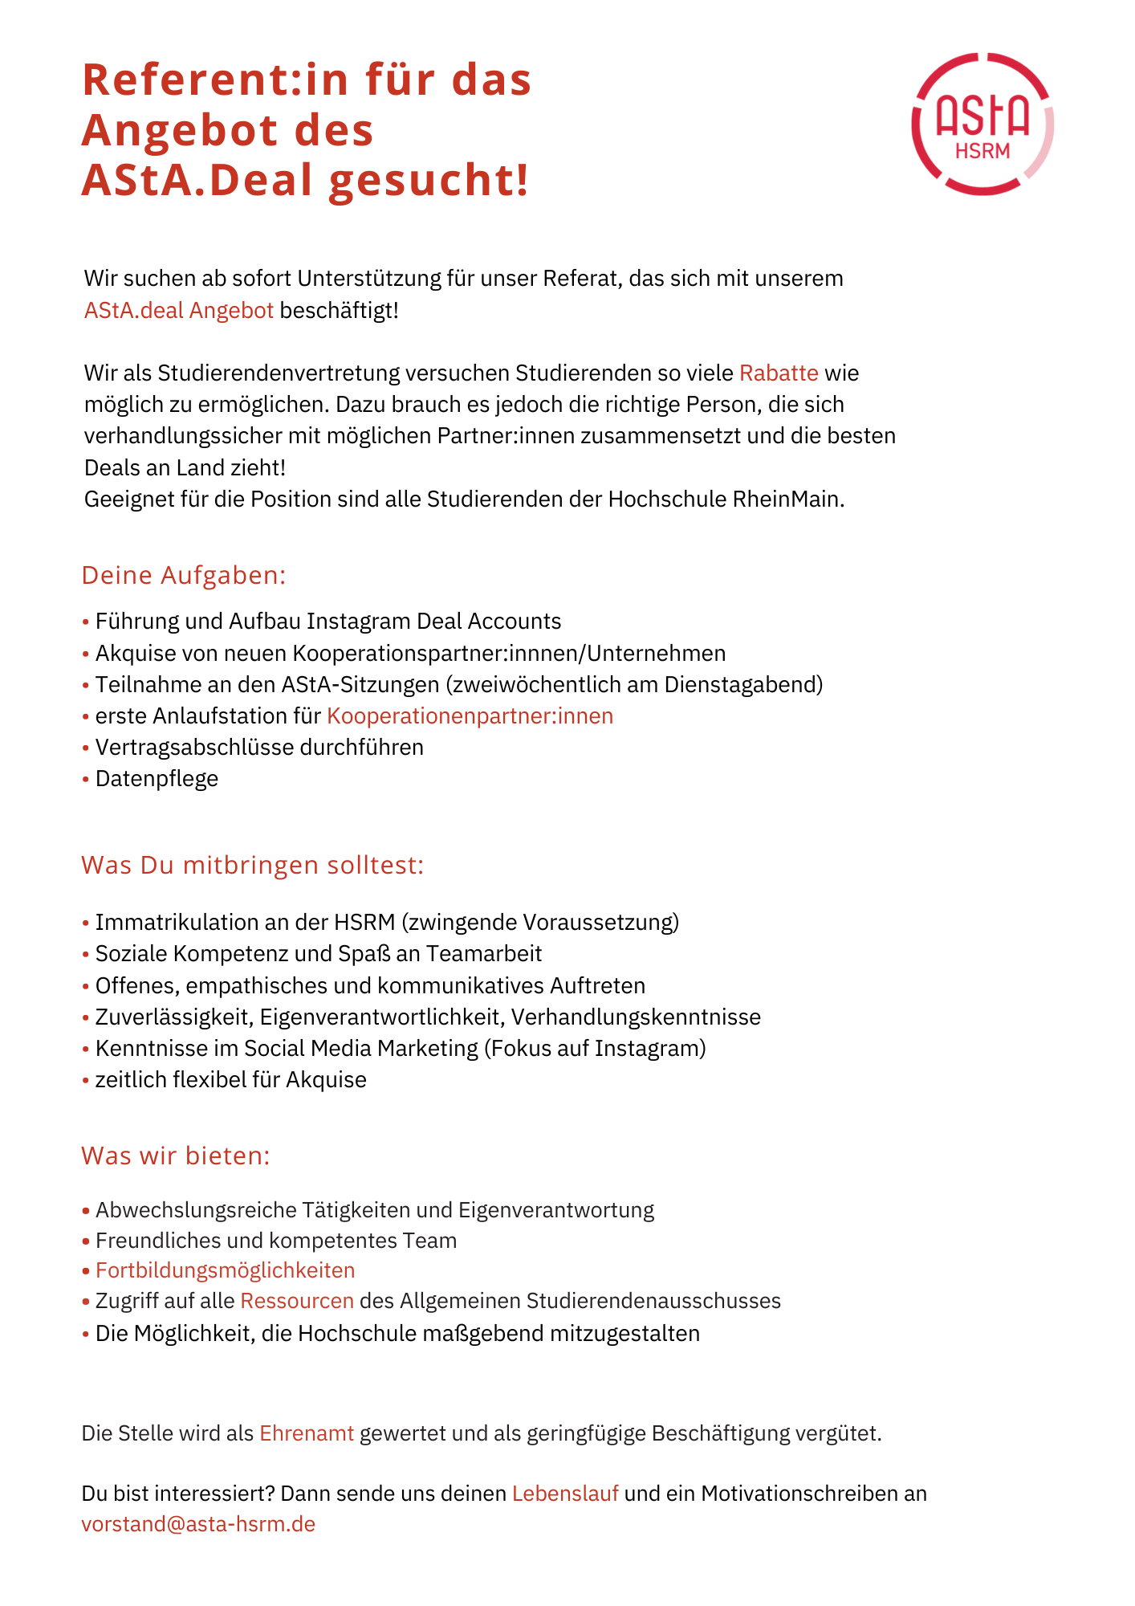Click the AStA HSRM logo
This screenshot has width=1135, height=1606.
pyautogui.click(x=982, y=124)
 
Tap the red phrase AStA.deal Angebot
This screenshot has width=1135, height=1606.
pyautogui.click(x=179, y=310)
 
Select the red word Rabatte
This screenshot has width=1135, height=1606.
pyautogui.click(x=779, y=373)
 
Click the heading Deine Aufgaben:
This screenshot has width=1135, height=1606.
pyautogui.click(x=184, y=575)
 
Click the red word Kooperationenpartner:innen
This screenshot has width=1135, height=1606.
pyautogui.click(x=470, y=715)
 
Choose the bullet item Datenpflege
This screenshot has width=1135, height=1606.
pyautogui.click(x=157, y=778)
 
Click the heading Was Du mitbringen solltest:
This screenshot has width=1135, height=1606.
pyautogui.click(x=252, y=865)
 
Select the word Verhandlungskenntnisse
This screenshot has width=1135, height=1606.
pyautogui.click(x=636, y=1017)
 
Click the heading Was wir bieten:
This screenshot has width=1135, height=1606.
pyautogui.click(x=176, y=1156)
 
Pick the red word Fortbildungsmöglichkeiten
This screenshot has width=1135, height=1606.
pyautogui.click(x=225, y=1270)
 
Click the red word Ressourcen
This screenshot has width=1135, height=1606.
pyautogui.click(x=297, y=1300)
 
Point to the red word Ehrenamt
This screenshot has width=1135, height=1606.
pyautogui.click(x=307, y=1433)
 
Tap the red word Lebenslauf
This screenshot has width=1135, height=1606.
pyautogui.click(x=565, y=1493)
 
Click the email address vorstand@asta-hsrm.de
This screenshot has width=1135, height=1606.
pyautogui.click(x=198, y=1523)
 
